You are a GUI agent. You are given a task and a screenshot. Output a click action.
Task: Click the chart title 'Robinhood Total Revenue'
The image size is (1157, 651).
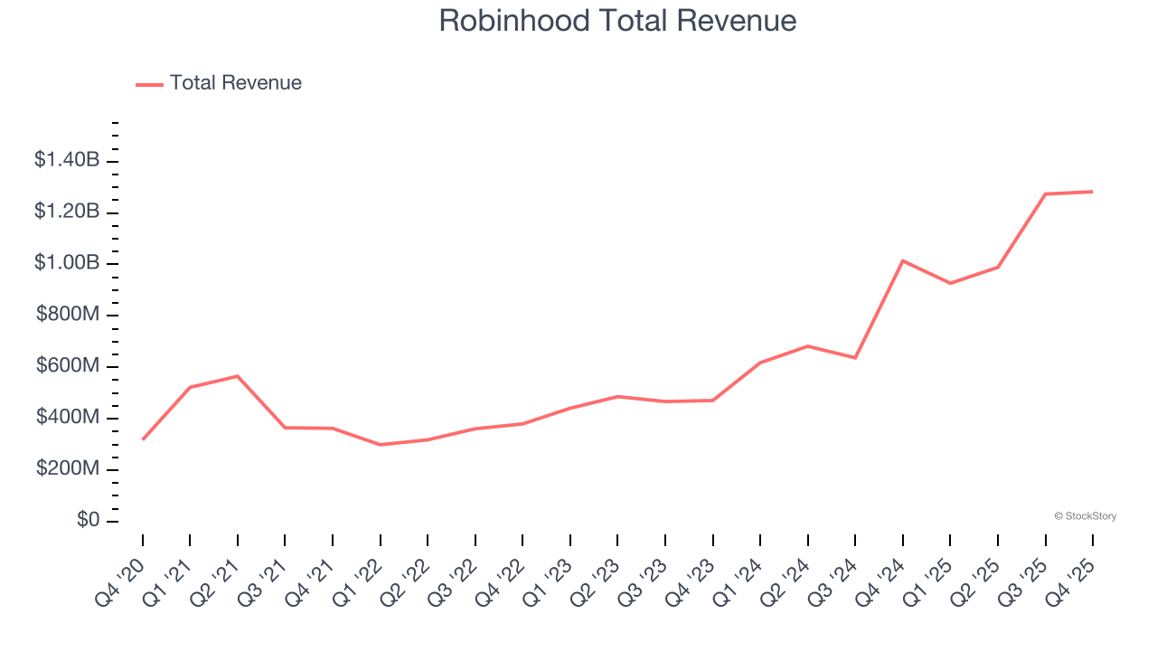(x=617, y=21)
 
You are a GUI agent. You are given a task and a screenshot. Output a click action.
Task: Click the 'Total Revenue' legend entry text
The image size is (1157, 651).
(x=235, y=83)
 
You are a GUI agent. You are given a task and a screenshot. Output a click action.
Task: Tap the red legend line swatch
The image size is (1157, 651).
(x=149, y=84)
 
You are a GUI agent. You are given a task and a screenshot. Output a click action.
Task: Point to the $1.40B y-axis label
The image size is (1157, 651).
(x=67, y=160)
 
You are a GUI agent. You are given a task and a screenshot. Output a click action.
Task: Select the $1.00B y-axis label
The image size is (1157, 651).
(x=67, y=263)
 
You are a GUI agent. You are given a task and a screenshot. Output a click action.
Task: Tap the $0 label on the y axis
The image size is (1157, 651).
(x=88, y=521)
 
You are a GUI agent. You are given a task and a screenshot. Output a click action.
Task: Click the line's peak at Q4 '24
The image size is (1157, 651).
(x=903, y=260)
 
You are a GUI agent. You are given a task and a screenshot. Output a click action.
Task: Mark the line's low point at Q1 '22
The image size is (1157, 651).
(x=381, y=445)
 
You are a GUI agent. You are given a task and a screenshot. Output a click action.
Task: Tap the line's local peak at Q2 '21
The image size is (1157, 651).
(x=238, y=376)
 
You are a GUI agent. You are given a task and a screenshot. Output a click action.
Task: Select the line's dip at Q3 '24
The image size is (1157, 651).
(x=855, y=358)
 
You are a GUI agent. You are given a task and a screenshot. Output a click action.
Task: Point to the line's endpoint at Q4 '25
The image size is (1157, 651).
(x=1093, y=192)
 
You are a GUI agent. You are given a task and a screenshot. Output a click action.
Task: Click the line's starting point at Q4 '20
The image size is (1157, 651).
(x=143, y=439)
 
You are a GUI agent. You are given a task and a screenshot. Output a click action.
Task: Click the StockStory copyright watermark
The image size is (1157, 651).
(x=1085, y=516)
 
